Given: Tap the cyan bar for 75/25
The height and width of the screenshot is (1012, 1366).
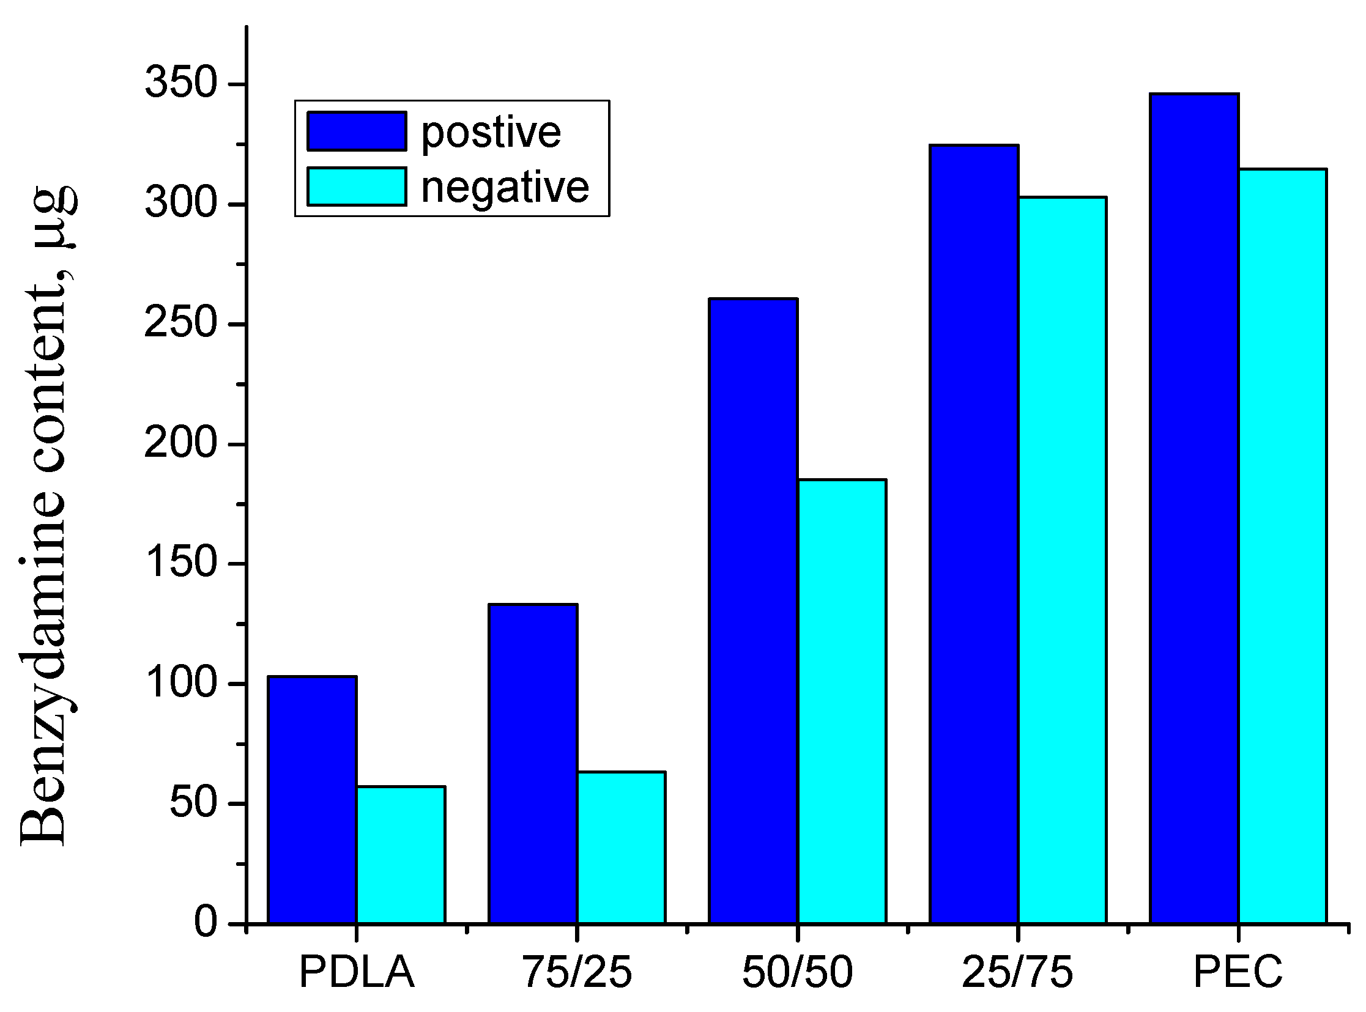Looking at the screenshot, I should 621,849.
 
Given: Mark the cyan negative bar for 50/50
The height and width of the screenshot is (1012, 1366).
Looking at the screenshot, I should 842,702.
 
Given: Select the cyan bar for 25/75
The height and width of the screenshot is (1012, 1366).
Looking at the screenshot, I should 1062,561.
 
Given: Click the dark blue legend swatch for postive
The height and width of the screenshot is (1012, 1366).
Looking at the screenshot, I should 357,131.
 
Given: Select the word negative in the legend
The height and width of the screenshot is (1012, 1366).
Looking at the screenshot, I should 504,187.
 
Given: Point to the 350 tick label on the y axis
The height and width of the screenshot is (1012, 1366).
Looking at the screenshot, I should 181,82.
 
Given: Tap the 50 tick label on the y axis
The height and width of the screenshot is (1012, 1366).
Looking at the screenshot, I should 193,802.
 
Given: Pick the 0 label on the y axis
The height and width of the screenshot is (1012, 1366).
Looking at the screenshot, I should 206,922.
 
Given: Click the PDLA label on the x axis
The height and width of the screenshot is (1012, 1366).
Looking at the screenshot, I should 357,973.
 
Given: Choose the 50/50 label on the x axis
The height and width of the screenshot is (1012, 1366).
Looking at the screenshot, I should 797,973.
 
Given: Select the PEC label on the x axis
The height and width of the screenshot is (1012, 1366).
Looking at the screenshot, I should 1238,973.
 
